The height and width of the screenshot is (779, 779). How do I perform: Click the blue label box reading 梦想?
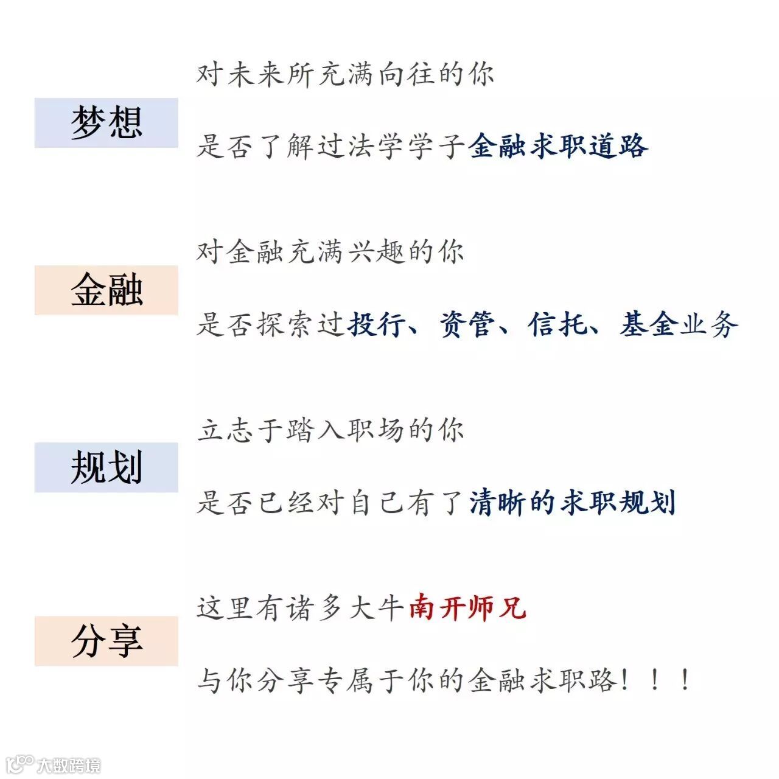click(107, 122)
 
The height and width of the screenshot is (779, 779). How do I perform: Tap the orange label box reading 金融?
click(107, 290)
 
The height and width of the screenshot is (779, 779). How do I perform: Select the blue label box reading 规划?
click(107, 467)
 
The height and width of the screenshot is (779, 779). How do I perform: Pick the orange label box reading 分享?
click(107, 640)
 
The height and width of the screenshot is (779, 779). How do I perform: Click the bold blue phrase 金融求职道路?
click(558, 146)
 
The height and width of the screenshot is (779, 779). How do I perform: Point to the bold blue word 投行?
click(376, 324)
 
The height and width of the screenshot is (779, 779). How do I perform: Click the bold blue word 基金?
click(649, 324)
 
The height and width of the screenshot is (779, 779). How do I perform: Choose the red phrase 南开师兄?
click(467, 608)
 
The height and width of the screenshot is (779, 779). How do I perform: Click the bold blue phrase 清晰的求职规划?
click(572, 503)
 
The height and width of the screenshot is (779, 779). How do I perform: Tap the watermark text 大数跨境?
click(69, 765)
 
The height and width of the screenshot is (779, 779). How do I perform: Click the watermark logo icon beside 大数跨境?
click(19, 764)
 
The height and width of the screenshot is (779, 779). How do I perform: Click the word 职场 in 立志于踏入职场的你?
click(376, 430)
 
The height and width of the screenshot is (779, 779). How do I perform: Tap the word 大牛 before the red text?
click(376, 608)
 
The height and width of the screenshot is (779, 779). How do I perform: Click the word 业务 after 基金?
click(709, 324)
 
